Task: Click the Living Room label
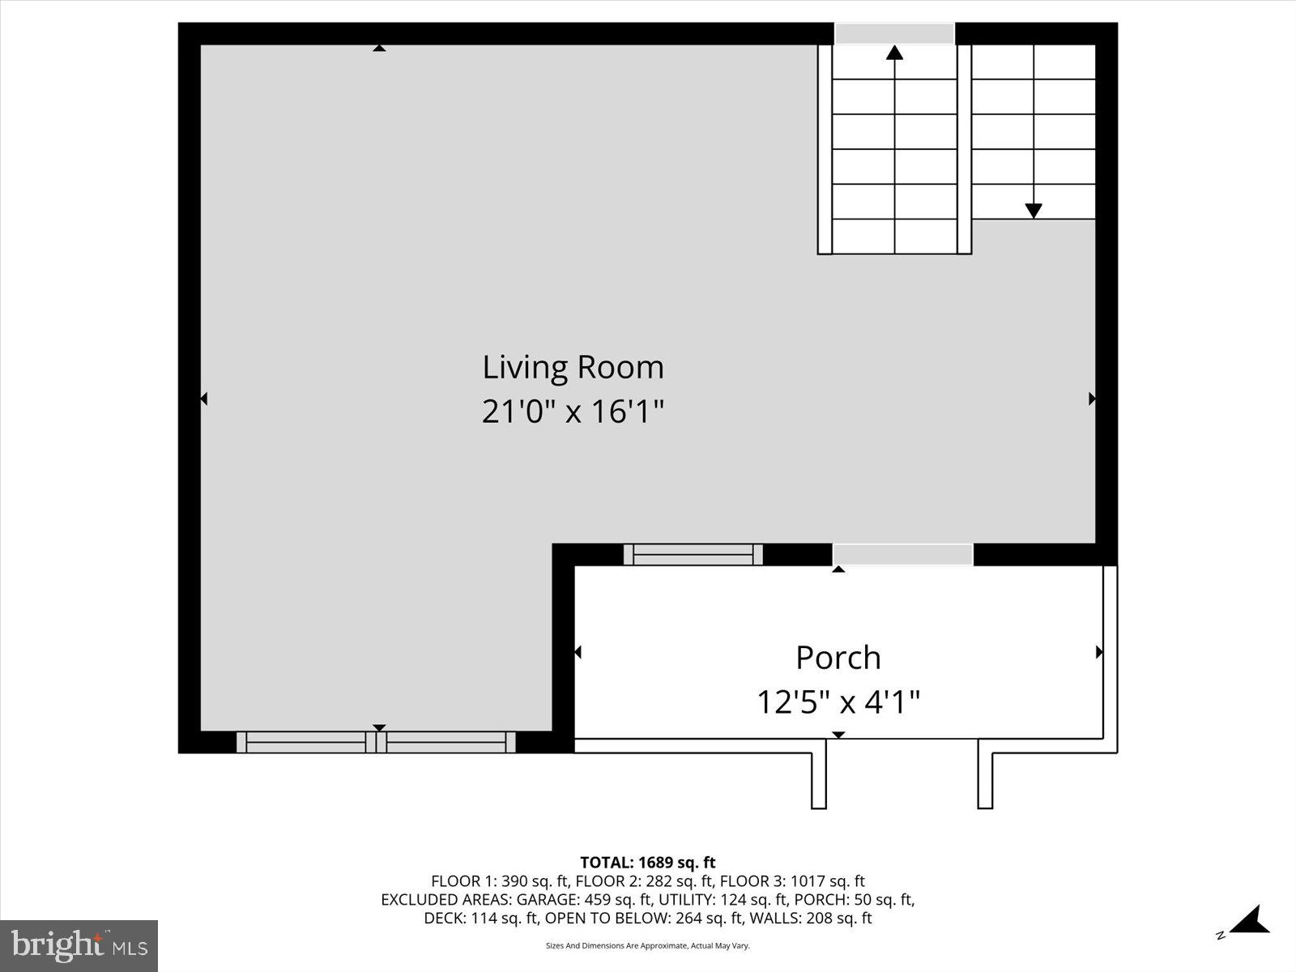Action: tap(573, 367)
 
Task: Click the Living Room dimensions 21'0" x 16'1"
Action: tap(573, 411)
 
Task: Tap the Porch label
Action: tap(838, 657)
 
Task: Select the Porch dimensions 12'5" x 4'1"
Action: tap(838, 701)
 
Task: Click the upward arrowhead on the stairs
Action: tap(894, 53)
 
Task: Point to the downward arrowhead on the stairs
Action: tap(1033, 211)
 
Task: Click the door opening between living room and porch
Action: tap(902, 555)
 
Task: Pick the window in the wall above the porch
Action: tap(693, 555)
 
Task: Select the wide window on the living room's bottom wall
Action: tap(376, 742)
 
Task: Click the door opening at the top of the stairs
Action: tap(894, 34)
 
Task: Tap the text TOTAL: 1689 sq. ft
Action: tap(647, 863)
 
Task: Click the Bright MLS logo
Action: tap(79, 945)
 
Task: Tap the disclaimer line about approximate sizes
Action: tap(647, 945)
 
